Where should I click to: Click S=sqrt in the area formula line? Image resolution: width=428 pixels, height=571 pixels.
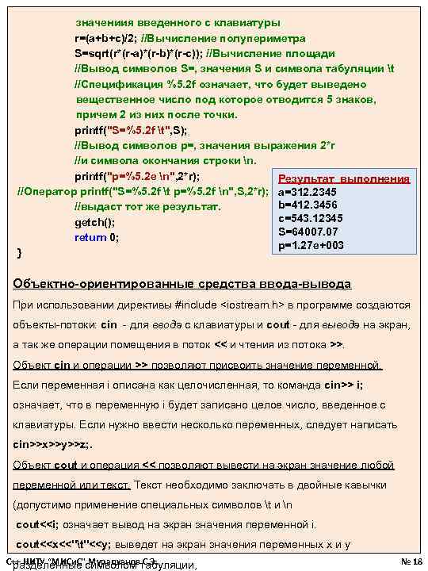pos(94,53)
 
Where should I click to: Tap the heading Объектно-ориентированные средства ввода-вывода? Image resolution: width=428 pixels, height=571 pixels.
pos(182,284)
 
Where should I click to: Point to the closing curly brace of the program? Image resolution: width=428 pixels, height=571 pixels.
pos(19,252)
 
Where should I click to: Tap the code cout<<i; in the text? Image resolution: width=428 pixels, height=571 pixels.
pos(39,525)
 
